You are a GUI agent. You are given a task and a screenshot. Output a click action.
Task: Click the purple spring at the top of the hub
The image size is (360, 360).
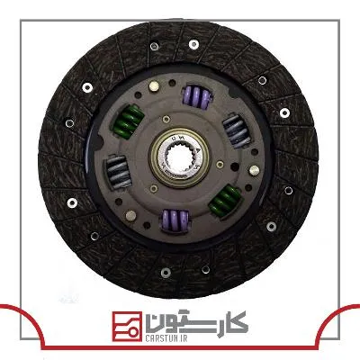tap(197, 95)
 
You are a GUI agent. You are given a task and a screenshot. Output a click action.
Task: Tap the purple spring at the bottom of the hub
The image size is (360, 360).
tap(175, 220)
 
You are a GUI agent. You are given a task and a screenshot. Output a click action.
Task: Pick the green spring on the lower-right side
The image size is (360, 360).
tap(225, 199)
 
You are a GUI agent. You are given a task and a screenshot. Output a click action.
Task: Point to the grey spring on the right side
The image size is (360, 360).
tap(238, 130)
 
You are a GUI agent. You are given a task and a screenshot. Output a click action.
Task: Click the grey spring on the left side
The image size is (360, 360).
tap(118, 172)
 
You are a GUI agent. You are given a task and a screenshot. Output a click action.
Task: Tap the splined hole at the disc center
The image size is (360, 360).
tap(179, 157)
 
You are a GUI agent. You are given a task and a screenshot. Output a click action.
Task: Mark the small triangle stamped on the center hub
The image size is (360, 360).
tap(198, 149)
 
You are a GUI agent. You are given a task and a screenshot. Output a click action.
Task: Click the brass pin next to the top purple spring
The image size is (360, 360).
tap(154, 86)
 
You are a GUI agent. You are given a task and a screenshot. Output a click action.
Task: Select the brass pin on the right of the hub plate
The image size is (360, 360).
tap(254, 170)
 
